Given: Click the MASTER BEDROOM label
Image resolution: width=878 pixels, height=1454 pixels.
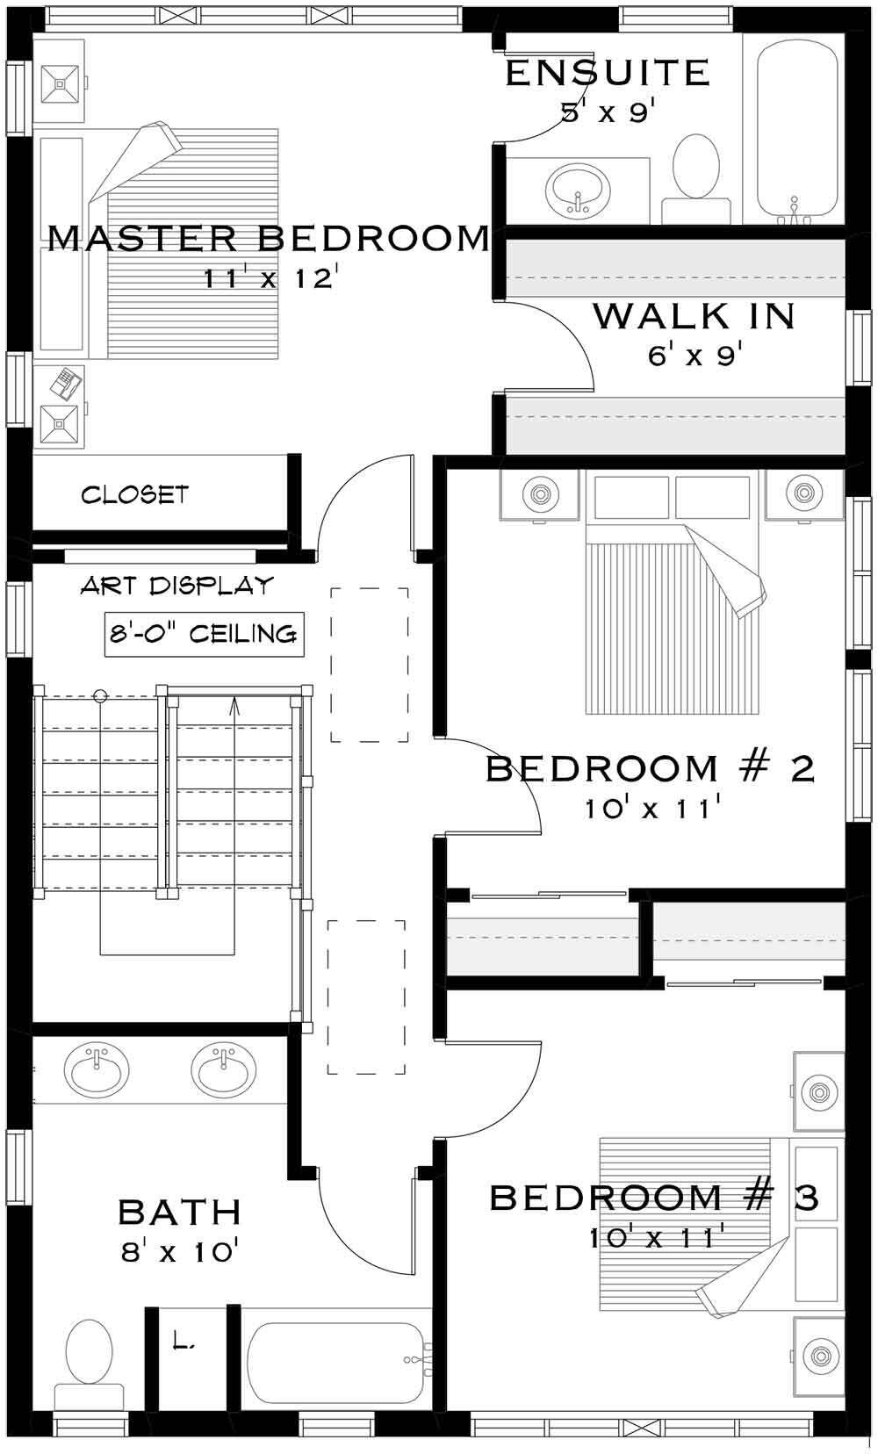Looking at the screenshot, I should click(268, 238).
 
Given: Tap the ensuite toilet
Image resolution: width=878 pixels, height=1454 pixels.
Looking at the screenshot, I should click(696, 169).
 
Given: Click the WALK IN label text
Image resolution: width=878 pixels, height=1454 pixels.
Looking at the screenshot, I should click(694, 316).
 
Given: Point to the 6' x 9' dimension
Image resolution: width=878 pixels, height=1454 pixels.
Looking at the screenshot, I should click(695, 356).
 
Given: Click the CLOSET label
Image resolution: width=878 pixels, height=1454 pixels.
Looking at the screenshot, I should click(135, 495).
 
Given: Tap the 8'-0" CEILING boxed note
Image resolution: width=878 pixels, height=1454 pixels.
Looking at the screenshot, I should click(204, 634).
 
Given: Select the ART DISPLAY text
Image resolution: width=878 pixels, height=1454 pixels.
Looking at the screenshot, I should click(176, 586).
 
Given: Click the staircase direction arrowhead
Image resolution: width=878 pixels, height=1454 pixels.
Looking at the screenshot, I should click(234, 703).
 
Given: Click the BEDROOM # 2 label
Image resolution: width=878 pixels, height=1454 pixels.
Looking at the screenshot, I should click(651, 768).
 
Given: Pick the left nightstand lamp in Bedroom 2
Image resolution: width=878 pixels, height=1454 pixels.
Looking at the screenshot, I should click(539, 493).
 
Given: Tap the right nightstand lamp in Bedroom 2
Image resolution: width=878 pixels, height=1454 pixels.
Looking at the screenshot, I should click(802, 493).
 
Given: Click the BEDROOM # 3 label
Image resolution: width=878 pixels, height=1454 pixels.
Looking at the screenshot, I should click(654, 1197).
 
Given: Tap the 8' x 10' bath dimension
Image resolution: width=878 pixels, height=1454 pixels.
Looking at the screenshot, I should click(179, 1251).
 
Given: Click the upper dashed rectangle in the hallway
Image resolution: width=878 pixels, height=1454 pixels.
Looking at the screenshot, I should click(370, 665).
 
